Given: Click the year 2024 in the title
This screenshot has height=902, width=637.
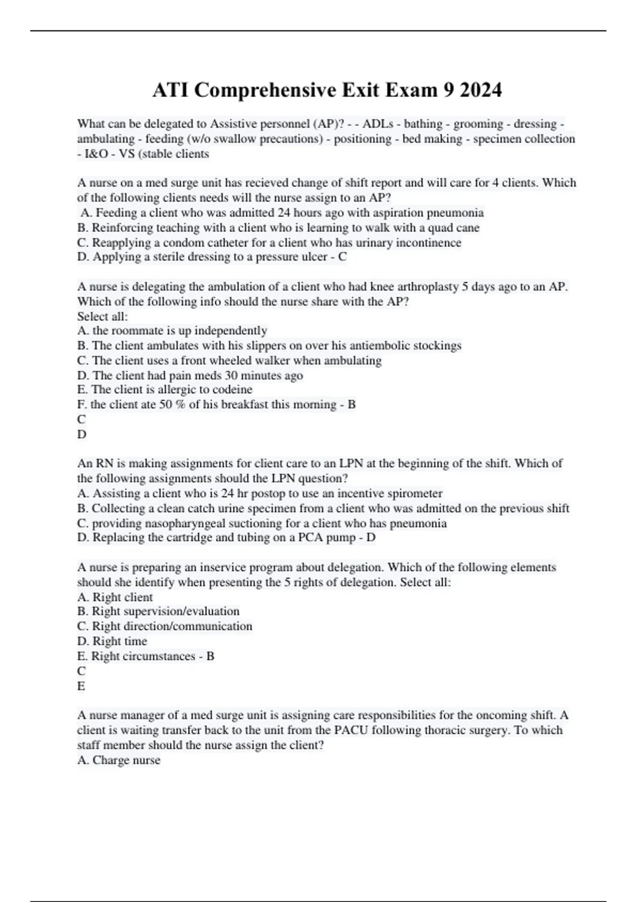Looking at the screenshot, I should coord(480,90).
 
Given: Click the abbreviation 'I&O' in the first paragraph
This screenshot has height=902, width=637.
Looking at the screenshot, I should coord(97,154).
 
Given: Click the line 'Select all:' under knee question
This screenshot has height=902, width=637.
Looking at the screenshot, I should coord(102,316).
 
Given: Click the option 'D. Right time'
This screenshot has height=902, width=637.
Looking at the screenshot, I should coord(112,641).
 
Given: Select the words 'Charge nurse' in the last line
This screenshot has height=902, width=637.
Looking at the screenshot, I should coord(126,760).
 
